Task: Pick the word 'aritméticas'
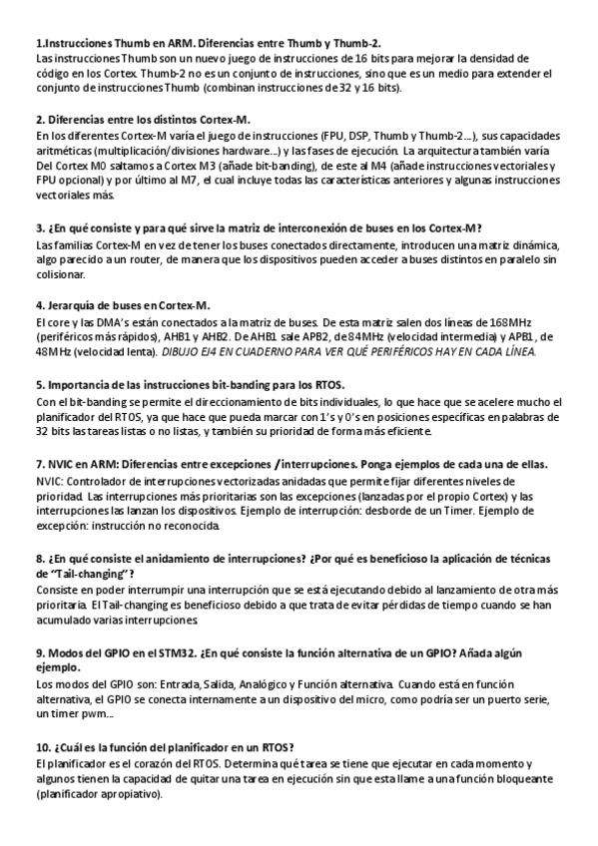coord(64,149)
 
